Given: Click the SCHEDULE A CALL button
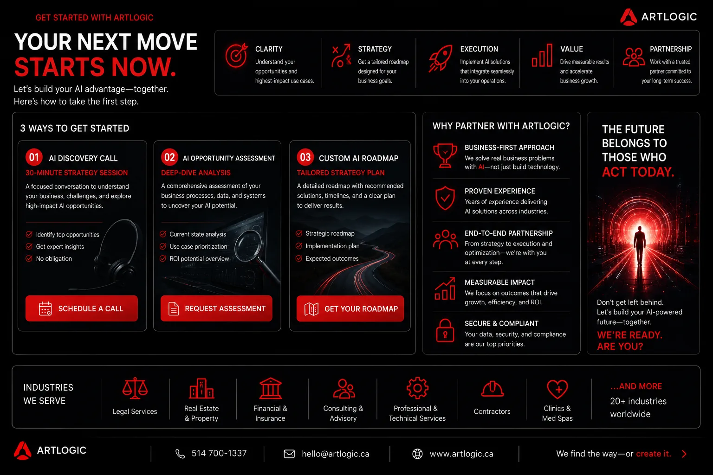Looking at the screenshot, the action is click(x=82, y=308).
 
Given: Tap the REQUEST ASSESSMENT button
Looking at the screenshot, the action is click(x=216, y=308).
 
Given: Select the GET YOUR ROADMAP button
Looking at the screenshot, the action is click(x=350, y=308).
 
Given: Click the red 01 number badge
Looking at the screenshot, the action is click(x=34, y=157).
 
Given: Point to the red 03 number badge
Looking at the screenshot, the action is click(x=305, y=157).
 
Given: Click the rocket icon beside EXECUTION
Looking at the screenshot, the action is click(x=441, y=58).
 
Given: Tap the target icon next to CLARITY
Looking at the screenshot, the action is click(x=236, y=55).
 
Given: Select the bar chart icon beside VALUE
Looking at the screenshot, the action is click(x=542, y=55).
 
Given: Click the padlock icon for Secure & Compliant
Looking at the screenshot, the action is click(x=445, y=331).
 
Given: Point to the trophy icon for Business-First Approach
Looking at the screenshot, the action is click(x=445, y=155).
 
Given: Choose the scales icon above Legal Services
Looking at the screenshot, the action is click(x=135, y=388).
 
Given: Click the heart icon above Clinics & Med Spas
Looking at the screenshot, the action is click(x=557, y=389).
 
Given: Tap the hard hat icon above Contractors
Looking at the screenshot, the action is click(x=492, y=389).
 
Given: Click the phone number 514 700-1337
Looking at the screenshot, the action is click(x=219, y=453).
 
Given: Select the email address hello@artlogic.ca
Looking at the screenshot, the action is click(x=336, y=454).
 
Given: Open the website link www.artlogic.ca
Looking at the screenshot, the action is click(x=461, y=454).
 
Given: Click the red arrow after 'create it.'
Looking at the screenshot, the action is click(x=684, y=454).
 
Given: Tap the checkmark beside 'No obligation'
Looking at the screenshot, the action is click(x=29, y=258).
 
